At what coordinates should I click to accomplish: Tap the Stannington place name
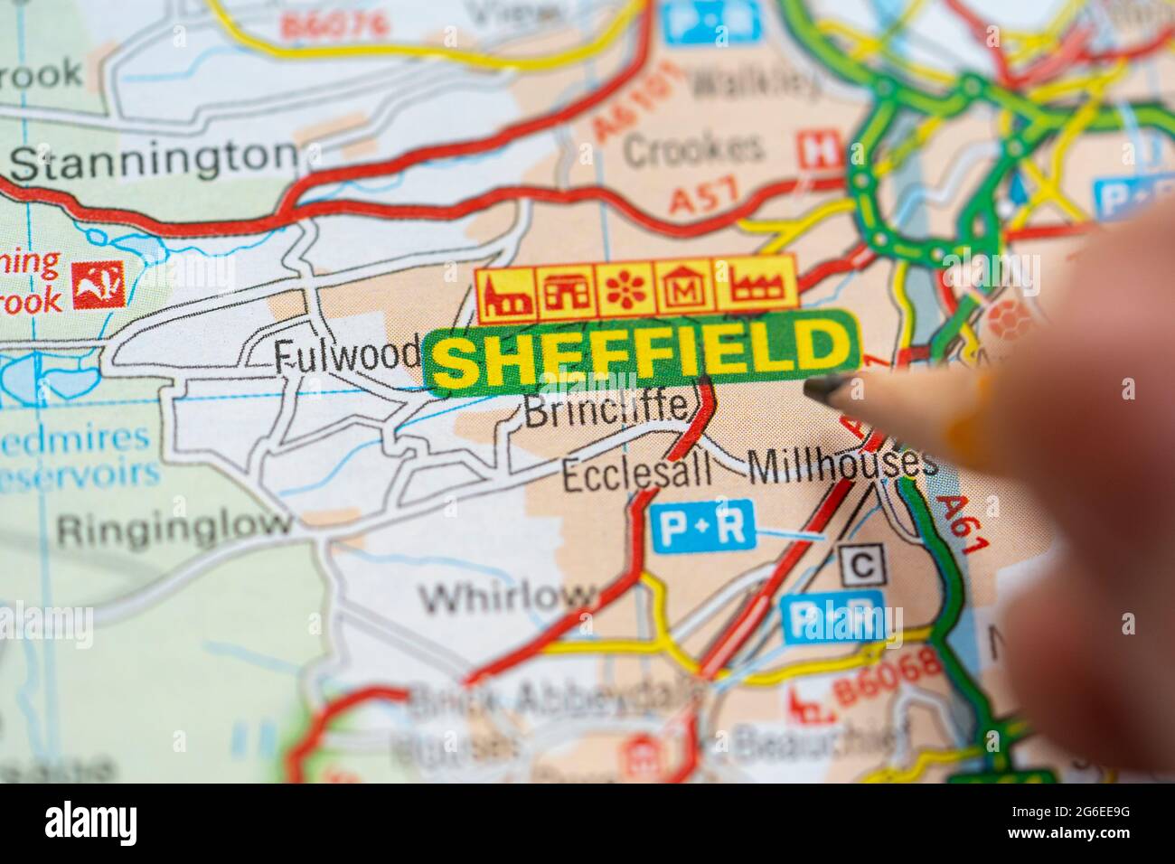click(154, 161)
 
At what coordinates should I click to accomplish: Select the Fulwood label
click(346, 354)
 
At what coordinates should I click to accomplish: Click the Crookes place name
click(692, 149)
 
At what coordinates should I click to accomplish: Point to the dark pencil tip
click(820, 390)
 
